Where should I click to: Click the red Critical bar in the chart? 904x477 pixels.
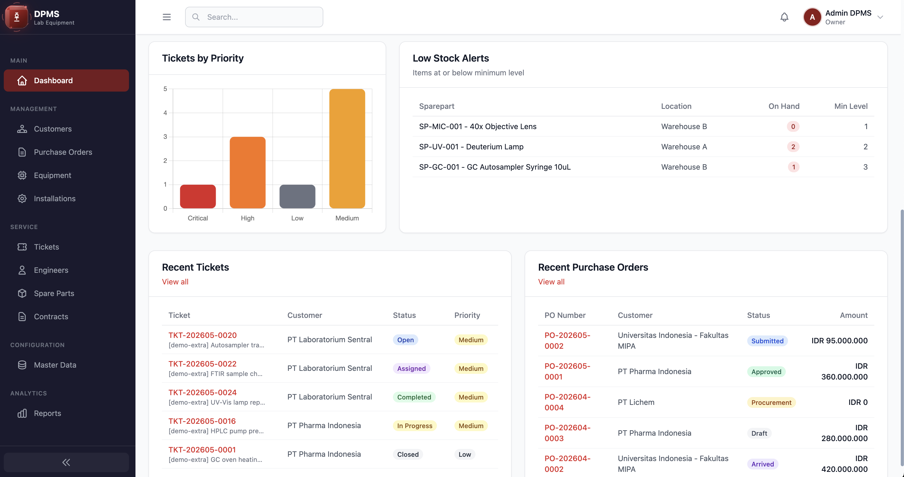pos(198,196)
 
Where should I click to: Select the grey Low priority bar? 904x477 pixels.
pos(297,196)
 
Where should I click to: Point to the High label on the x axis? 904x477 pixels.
pos(247,218)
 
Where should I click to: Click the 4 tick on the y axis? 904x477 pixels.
pos(165,113)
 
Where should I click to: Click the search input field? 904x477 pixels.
pos(254,17)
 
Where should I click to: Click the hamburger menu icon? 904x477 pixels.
pos(167,17)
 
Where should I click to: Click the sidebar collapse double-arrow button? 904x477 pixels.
pos(66,462)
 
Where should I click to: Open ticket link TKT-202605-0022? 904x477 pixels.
pos(202,364)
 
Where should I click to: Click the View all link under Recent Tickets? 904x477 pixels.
pos(175,282)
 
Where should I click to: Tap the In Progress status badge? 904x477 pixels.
pos(414,426)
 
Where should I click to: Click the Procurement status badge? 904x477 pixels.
pos(771,402)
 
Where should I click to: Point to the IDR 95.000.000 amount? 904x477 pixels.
pos(840,341)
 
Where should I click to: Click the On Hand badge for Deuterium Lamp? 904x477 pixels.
pos(793,147)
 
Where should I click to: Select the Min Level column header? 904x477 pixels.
pos(851,106)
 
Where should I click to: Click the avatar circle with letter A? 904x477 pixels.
pos(812,17)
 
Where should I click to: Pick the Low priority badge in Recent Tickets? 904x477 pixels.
pos(465,455)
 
